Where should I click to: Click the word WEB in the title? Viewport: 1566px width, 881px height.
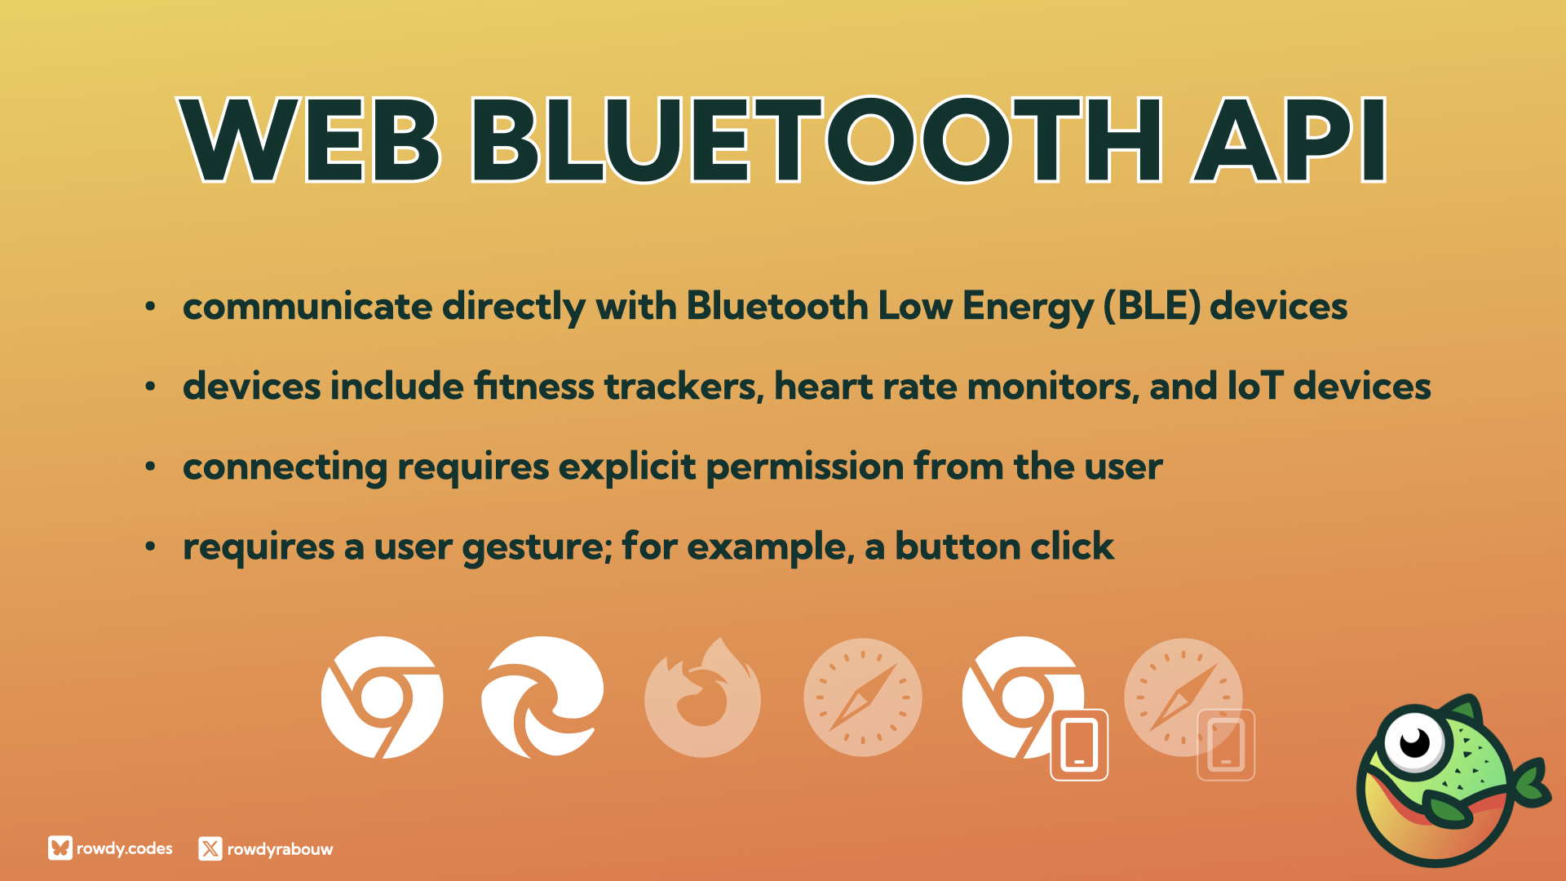tap(310, 139)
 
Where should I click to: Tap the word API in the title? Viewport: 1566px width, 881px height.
tap(1289, 139)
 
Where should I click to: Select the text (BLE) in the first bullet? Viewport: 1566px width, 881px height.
tap(1152, 307)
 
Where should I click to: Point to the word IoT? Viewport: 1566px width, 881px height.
tap(1255, 386)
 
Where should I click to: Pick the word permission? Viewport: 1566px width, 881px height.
tap(805, 467)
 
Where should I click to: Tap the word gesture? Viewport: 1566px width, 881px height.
tap(537, 547)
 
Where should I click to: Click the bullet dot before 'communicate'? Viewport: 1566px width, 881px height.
tap(150, 307)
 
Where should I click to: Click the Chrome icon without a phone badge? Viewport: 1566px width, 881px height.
tap(382, 697)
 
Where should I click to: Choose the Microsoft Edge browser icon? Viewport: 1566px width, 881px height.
tap(542, 697)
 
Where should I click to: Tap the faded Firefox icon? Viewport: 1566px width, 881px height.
tap(702, 697)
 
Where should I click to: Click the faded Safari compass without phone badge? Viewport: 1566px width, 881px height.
tap(863, 697)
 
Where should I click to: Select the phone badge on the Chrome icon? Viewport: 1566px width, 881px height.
tap(1079, 745)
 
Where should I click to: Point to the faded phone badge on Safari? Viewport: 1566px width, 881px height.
tap(1225, 745)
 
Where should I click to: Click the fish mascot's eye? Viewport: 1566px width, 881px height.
tap(1415, 741)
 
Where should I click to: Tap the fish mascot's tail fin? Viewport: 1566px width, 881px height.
tap(1530, 783)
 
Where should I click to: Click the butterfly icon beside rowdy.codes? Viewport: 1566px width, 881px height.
tap(60, 848)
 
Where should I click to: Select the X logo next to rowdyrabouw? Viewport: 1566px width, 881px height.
tap(210, 849)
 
